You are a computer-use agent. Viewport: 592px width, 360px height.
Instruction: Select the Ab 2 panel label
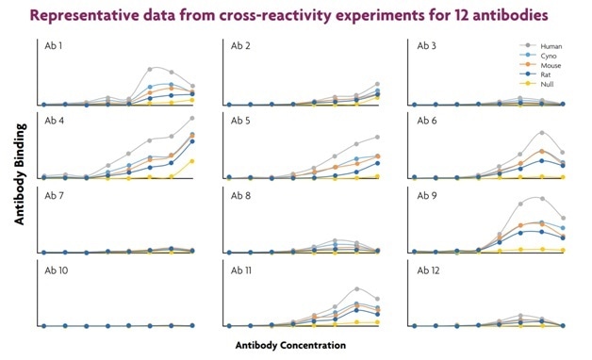[240, 46]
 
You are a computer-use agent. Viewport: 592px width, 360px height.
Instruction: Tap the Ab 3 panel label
[427, 46]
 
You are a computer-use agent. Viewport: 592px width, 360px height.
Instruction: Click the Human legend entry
[552, 45]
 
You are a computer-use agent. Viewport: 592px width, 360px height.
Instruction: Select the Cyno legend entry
[551, 55]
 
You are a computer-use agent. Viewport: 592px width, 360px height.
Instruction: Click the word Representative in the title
[103, 16]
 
